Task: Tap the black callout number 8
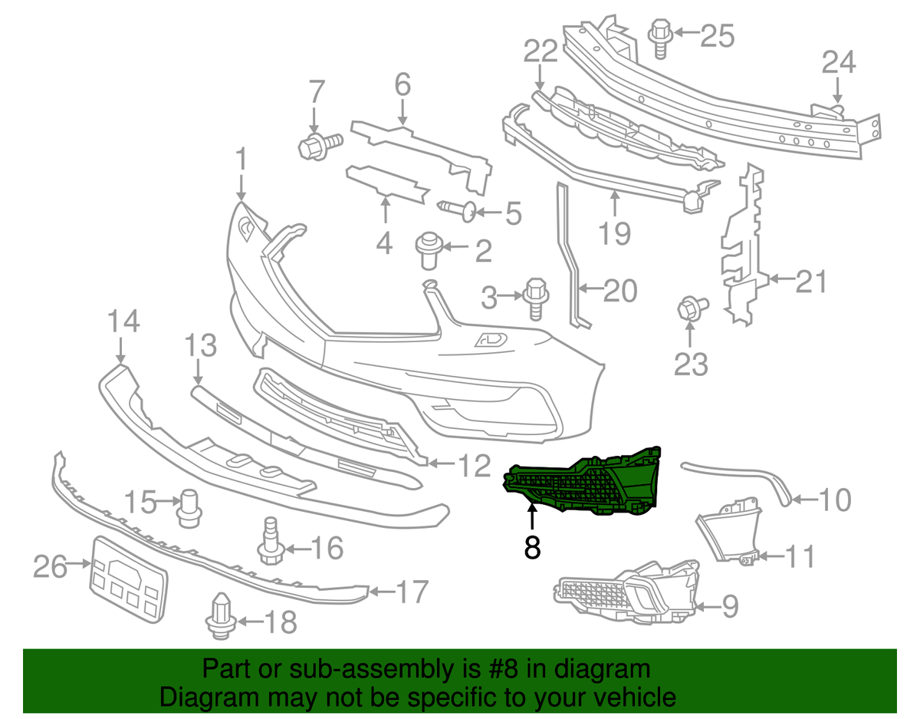pyautogui.click(x=532, y=547)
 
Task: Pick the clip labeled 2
pyautogui.click(x=428, y=251)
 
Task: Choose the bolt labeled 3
pyautogui.click(x=536, y=297)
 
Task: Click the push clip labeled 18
pyautogui.click(x=221, y=616)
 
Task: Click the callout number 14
pyautogui.click(x=123, y=321)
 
